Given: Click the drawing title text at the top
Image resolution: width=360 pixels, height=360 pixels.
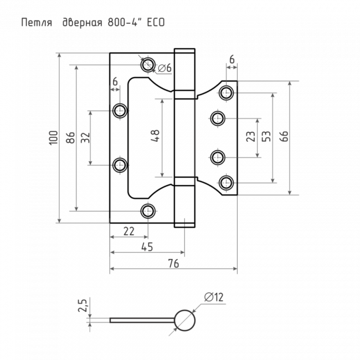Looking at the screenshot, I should point(92,23).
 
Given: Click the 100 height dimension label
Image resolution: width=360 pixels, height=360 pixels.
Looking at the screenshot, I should point(53,137).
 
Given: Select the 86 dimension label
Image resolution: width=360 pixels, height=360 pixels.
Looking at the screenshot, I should point(70,137).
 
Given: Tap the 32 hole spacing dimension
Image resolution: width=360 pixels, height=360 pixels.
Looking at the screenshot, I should point(85,137).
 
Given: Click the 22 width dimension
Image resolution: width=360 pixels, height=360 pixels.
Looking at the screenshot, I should point(128,232).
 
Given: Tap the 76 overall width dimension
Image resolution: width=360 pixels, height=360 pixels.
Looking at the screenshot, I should point(173,264).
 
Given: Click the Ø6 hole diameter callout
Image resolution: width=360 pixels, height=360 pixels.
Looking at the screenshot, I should point(164,68).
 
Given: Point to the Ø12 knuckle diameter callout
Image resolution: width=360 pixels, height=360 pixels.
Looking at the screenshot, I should point(213,298).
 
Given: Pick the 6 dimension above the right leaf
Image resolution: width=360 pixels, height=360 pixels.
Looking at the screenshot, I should point(231,59).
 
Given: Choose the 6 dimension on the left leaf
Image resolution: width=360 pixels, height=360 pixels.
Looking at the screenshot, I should point(115,81).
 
